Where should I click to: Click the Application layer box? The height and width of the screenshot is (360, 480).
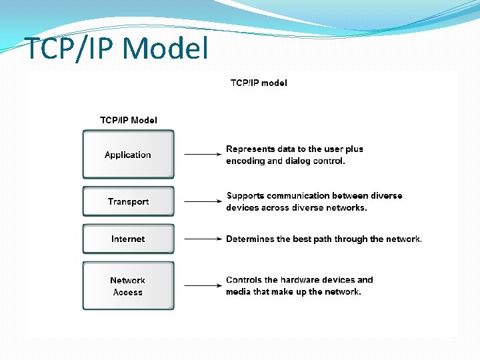[128, 155]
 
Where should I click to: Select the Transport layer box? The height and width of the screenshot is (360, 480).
[128, 201]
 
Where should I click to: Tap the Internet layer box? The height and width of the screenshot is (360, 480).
[128, 239]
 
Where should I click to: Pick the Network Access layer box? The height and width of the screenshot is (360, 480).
[128, 286]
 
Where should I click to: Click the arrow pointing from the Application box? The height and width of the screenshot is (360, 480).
[203, 155]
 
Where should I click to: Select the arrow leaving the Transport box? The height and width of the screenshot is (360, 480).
[203, 201]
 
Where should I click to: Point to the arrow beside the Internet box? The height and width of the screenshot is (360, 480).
[203, 239]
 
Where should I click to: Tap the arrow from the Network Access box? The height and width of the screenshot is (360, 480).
[203, 286]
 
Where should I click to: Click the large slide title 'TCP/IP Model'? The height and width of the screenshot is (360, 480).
[116, 49]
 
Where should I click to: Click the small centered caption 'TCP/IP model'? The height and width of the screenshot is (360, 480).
[259, 83]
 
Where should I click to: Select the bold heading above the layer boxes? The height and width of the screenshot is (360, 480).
[129, 121]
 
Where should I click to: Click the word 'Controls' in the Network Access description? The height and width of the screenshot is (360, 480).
[243, 280]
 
